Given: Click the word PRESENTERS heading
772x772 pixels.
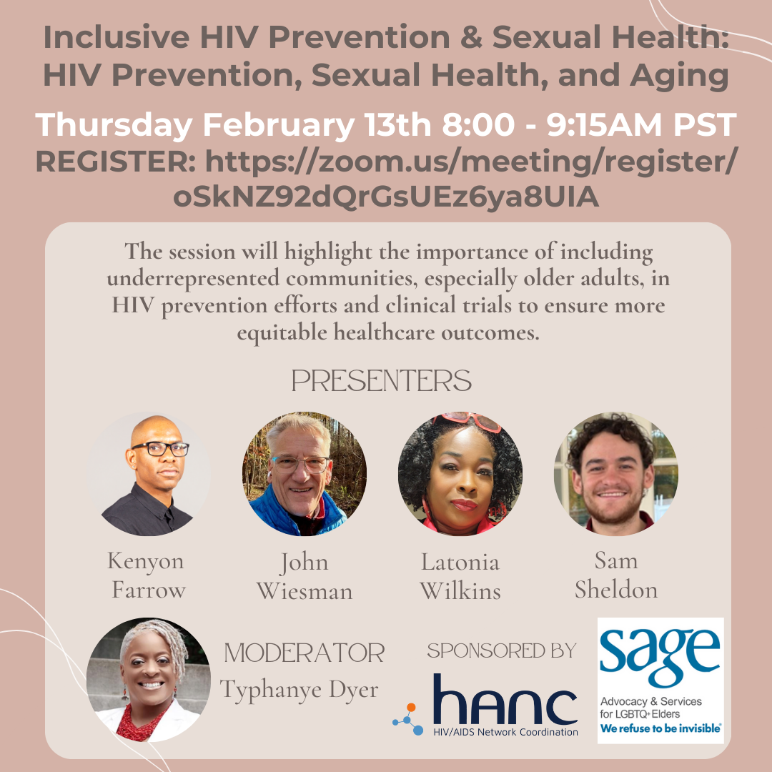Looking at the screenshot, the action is click(x=382, y=380).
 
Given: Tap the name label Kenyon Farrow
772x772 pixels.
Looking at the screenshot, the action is click(x=147, y=575).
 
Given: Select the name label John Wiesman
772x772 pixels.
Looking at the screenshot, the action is click(x=305, y=576).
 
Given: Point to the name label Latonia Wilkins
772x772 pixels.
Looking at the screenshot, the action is click(x=460, y=576).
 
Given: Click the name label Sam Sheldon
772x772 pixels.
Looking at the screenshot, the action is click(x=616, y=575).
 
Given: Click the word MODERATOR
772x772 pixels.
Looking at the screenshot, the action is click(x=305, y=653).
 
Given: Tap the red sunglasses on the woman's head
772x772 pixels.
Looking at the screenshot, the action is click(x=467, y=422).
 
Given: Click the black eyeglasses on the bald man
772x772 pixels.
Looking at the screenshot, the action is click(x=161, y=448).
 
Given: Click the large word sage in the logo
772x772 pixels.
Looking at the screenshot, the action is click(x=660, y=655).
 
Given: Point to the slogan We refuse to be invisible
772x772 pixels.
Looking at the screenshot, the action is click(x=660, y=728).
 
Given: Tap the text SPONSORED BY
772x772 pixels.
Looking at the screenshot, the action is click(x=502, y=651).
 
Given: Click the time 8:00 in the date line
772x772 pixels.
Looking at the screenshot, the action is click(x=478, y=124).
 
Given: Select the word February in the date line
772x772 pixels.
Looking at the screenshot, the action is click(x=279, y=126).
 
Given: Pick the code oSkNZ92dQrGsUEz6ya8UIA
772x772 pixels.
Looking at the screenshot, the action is click(x=386, y=197).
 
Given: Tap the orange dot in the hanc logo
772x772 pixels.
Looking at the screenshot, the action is click(x=411, y=708).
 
